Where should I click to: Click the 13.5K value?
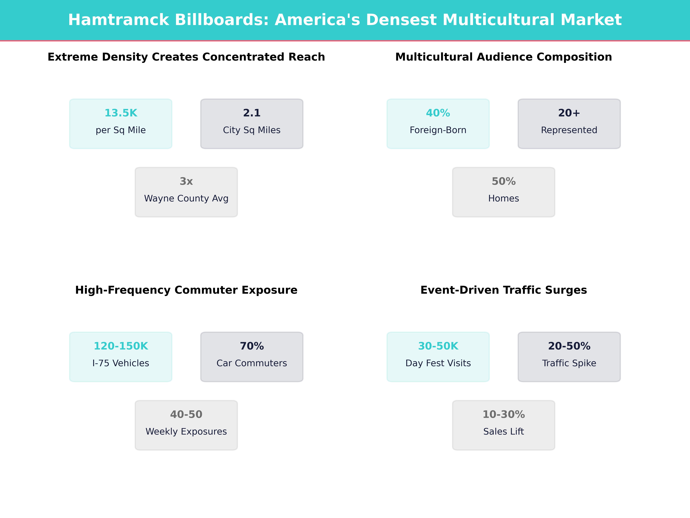(121, 113)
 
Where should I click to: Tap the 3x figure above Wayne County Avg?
(186, 181)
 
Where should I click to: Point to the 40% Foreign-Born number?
(438, 113)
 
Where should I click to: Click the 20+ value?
(569, 113)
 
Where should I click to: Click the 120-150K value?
(121, 346)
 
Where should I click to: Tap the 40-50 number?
(186, 414)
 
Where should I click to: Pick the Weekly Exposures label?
(186, 432)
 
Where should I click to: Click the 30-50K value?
(438, 346)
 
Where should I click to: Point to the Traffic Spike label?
(569, 363)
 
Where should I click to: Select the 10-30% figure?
(503, 414)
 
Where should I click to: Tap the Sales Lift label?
(503, 432)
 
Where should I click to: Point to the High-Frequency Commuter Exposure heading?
(186, 290)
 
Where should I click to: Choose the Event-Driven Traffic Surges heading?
(503, 290)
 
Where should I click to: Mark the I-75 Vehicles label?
(121, 363)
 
